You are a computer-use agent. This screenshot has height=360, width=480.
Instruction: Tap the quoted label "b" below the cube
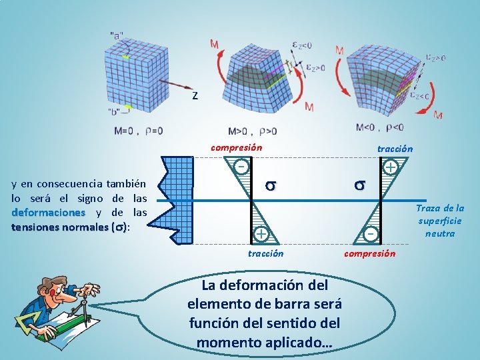click(115, 111)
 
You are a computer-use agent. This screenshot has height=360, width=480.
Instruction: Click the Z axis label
click(195, 96)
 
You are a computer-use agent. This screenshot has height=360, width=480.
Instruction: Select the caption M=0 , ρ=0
click(138, 131)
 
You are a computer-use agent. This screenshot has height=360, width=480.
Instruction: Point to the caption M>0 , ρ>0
click(252, 131)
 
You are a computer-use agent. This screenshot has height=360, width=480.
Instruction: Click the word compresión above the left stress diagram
click(236, 147)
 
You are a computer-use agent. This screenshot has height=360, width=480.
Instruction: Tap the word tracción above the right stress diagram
click(395, 149)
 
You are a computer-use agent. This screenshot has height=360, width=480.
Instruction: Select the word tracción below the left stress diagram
click(265, 253)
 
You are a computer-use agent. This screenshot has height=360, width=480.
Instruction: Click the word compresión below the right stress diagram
click(369, 253)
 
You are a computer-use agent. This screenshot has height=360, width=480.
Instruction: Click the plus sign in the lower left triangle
click(261, 233)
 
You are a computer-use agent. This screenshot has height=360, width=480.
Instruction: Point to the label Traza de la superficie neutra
click(441, 221)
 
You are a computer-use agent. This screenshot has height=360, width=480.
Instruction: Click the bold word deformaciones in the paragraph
click(48, 213)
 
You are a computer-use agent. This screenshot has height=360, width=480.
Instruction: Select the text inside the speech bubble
click(265, 313)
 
